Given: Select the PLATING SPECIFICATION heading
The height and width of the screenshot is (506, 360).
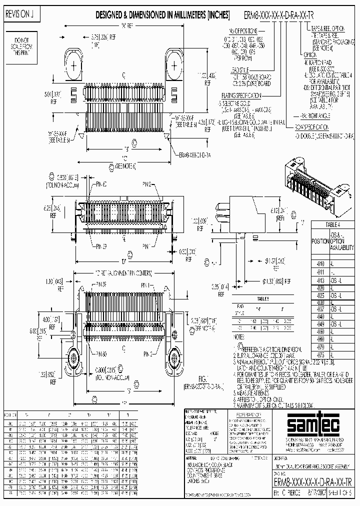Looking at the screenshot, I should [240, 95].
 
